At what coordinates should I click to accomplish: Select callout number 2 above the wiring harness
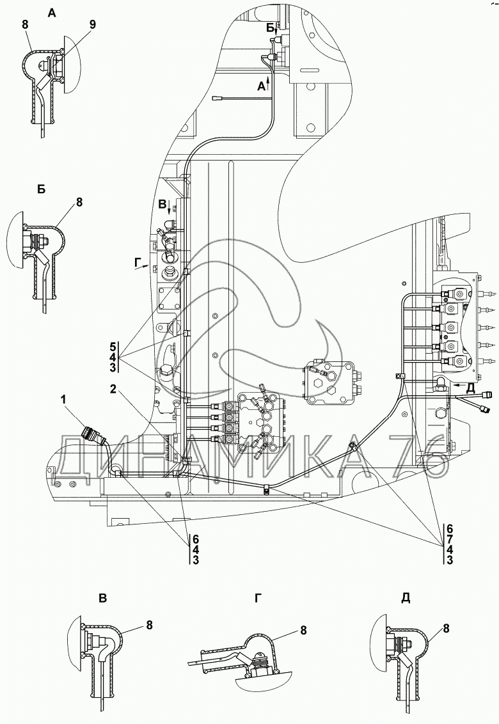pyautogui.click(x=113, y=389)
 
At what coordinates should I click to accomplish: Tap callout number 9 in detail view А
pyautogui.click(x=93, y=24)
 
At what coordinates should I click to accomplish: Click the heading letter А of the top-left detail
pyautogui.click(x=52, y=13)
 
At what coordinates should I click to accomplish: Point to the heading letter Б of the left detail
pyautogui.click(x=41, y=190)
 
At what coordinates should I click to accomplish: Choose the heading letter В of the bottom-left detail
pyautogui.click(x=102, y=599)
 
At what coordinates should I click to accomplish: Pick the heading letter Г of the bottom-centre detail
pyautogui.click(x=258, y=599)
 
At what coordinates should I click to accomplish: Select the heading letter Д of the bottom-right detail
pyautogui.click(x=406, y=599)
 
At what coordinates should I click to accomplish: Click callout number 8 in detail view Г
pyautogui.click(x=303, y=630)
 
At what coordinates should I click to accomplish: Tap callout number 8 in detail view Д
pyautogui.click(x=446, y=628)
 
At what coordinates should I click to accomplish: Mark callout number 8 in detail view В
pyautogui.click(x=149, y=625)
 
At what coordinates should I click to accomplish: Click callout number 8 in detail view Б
pyautogui.click(x=79, y=201)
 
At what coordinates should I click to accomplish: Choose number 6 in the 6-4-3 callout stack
pyautogui.click(x=196, y=539)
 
